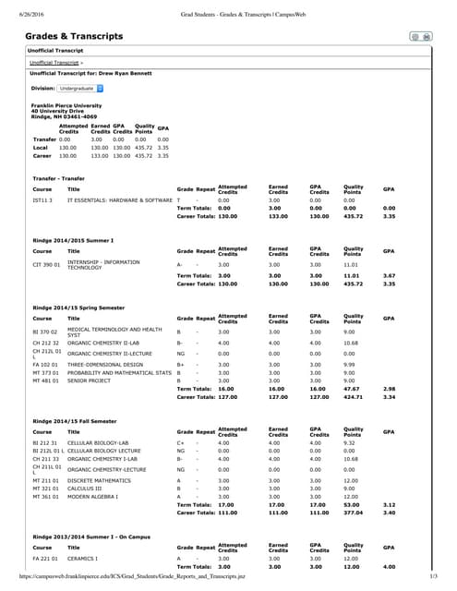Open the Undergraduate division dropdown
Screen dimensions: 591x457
pyautogui.click(x=80, y=89)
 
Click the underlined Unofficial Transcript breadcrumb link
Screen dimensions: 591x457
pyautogui.click(x=53, y=62)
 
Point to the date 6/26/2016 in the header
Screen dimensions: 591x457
pyautogui.click(x=19, y=6)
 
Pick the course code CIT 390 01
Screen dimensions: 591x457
pyautogui.click(x=46, y=264)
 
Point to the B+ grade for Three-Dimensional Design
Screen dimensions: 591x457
pyautogui.click(x=181, y=364)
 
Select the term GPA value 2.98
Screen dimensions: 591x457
pyautogui.click(x=389, y=389)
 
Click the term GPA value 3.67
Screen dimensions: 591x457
pyautogui.click(x=389, y=275)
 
